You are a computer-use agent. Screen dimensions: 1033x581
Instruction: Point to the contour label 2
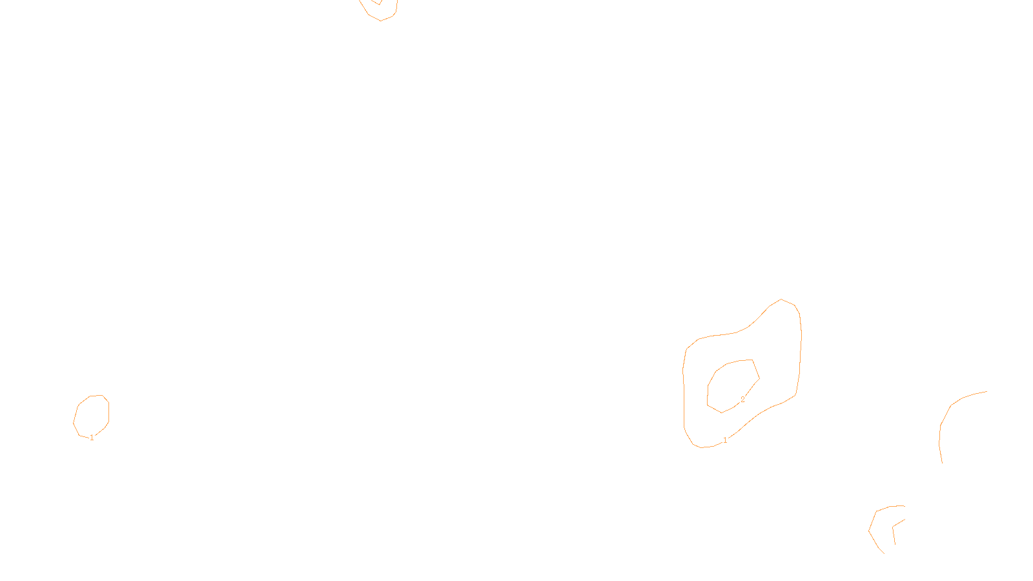pos(742,400)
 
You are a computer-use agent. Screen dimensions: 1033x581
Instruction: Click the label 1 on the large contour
pos(725,440)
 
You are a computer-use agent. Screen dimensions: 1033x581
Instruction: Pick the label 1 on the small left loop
pos(92,438)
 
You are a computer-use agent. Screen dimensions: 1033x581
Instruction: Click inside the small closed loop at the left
pos(92,415)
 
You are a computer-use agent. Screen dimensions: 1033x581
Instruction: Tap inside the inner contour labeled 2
pos(731,385)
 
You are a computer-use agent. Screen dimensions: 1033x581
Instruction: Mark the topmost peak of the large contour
pos(781,300)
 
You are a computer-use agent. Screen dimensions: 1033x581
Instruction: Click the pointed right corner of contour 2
pos(759,378)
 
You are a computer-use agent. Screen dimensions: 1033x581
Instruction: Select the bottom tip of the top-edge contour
pos(381,21)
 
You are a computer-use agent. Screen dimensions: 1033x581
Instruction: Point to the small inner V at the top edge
pos(378,4)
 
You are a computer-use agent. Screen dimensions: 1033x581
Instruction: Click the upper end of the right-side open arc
pos(987,391)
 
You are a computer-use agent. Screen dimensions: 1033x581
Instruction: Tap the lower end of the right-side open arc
pos(942,463)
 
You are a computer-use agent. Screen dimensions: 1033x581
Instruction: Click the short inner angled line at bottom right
pos(895,529)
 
